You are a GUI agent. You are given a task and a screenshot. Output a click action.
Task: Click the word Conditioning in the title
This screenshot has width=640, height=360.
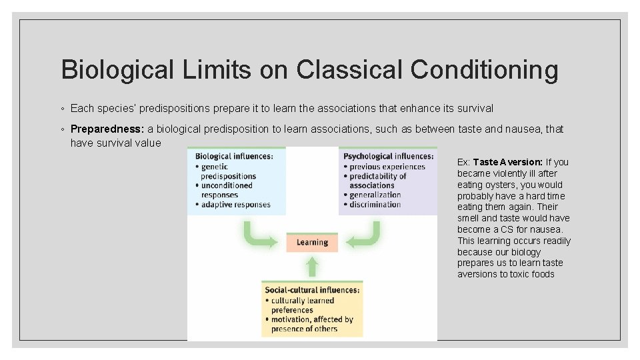[485, 69]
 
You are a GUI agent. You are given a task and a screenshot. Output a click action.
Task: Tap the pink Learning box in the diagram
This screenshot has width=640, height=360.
[312, 243]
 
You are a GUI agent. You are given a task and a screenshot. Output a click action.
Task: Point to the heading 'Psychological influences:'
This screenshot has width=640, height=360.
[387, 157]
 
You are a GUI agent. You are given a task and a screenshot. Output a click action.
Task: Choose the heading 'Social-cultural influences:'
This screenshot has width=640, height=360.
[313, 290]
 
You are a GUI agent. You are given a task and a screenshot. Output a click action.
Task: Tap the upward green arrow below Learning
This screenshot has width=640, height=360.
[312, 266]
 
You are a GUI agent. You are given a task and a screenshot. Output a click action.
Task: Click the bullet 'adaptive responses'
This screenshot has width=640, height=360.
[236, 205]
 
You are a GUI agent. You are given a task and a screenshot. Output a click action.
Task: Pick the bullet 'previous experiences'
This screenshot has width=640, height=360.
[387, 167]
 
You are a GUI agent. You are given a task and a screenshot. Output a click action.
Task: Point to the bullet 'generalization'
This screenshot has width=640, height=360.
[375, 195]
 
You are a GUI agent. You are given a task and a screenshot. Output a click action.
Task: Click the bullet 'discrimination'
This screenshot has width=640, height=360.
[375, 205]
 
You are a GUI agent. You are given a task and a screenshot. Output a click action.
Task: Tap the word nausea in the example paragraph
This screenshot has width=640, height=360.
[548, 229]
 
